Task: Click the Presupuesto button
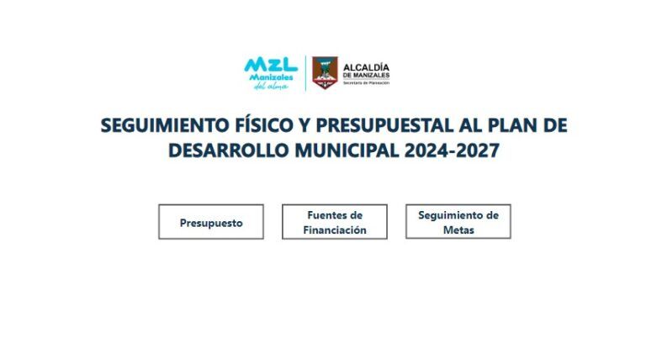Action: click(211, 222)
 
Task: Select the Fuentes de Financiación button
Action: click(335, 222)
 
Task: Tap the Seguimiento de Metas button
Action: click(458, 222)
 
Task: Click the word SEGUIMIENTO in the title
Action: click(165, 125)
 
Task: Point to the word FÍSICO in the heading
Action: click(263, 125)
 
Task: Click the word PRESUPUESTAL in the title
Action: click(384, 125)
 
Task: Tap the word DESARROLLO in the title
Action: click(229, 150)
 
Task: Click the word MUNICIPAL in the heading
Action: click(347, 150)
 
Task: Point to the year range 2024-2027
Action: click(452, 150)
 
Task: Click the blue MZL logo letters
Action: click(271, 65)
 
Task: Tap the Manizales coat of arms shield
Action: click(325, 73)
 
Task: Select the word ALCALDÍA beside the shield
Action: click(366, 67)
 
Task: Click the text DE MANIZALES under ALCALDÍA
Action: click(366, 76)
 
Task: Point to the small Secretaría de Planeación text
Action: click(366, 82)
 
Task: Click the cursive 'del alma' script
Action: click(271, 86)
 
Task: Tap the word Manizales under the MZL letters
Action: click(271, 77)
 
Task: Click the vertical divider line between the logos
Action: click(305, 73)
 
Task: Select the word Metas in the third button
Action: click(458, 229)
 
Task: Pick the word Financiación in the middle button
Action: click(335, 229)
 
